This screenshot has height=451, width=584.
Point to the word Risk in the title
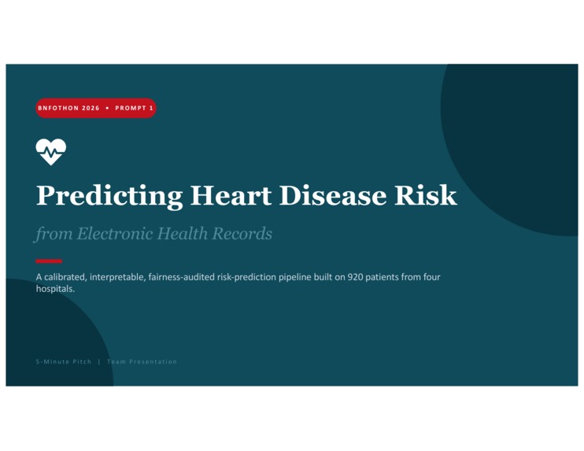click(x=425, y=195)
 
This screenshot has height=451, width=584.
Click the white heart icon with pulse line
click(x=50, y=151)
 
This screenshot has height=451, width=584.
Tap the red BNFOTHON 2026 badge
click(x=95, y=108)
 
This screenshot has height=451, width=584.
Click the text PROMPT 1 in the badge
click(x=135, y=108)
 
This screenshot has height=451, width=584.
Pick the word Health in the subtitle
click(x=174, y=234)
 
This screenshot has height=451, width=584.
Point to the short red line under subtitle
click(x=49, y=261)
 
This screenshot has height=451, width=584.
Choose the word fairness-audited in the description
click(x=180, y=277)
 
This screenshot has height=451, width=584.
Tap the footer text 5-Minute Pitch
click(x=64, y=361)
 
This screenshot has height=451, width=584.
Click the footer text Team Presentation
click(x=142, y=361)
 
